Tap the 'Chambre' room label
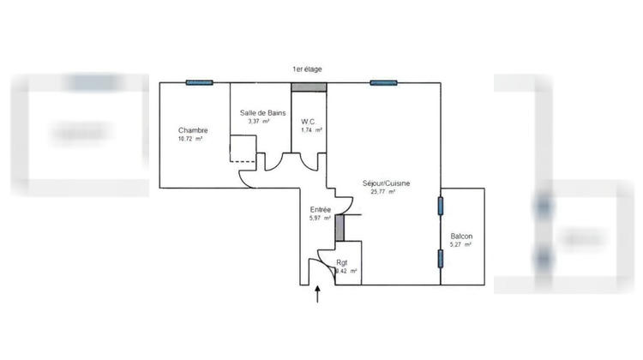(x=193, y=130)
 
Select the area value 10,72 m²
(x=190, y=139)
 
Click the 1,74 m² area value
(x=311, y=130)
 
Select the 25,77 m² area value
(x=382, y=192)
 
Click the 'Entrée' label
(x=321, y=209)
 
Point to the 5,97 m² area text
(x=320, y=219)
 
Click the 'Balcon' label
(x=461, y=237)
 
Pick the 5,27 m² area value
(x=461, y=245)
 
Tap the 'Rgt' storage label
(x=342, y=262)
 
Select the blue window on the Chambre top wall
(x=199, y=83)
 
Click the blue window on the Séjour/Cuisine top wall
(x=384, y=83)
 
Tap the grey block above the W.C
(x=303, y=87)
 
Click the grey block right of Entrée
(x=339, y=227)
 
